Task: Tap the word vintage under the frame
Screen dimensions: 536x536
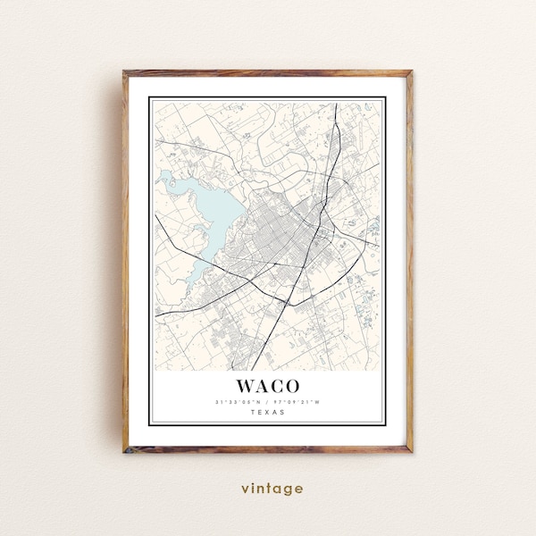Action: [x=271, y=489]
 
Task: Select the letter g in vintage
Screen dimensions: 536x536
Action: [x=287, y=490]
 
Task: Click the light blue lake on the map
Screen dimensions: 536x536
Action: [x=208, y=214]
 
